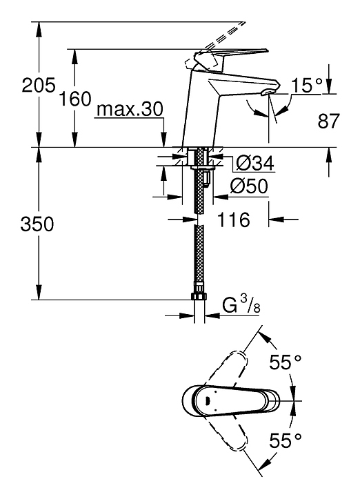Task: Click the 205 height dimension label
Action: click(39, 85)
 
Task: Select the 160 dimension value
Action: click(75, 99)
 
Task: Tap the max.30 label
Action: click(130, 109)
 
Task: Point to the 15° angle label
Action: click(306, 86)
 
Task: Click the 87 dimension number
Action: click(329, 121)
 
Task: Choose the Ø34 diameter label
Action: click(255, 164)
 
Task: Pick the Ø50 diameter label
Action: click(249, 186)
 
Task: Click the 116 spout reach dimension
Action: click(233, 220)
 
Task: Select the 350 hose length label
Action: click(37, 224)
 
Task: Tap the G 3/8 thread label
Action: click(241, 304)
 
